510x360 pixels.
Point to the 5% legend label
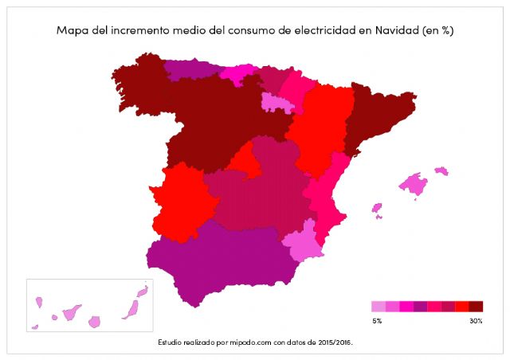click(377, 320)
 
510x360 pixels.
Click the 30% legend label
click(476, 320)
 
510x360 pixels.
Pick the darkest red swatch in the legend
click(477, 306)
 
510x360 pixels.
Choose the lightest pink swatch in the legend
click(378, 306)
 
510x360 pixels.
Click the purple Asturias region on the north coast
click(191, 70)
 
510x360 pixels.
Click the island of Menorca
click(441, 170)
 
